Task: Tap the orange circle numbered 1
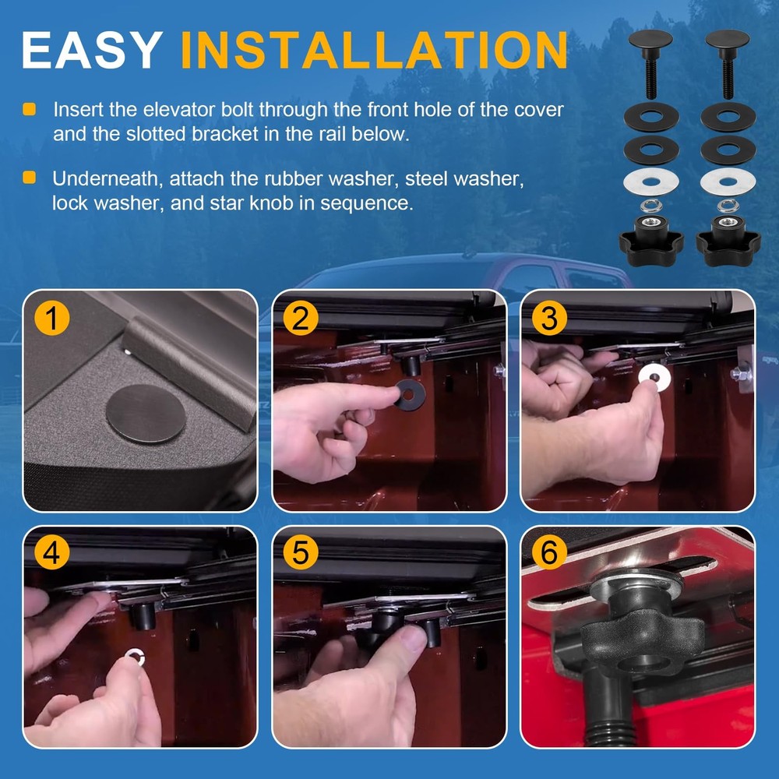[53, 318]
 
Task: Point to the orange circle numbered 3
[549, 318]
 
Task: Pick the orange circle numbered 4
[53, 552]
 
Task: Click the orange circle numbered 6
[549, 552]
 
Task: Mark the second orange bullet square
[30, 179]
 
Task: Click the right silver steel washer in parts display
[727, 182]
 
